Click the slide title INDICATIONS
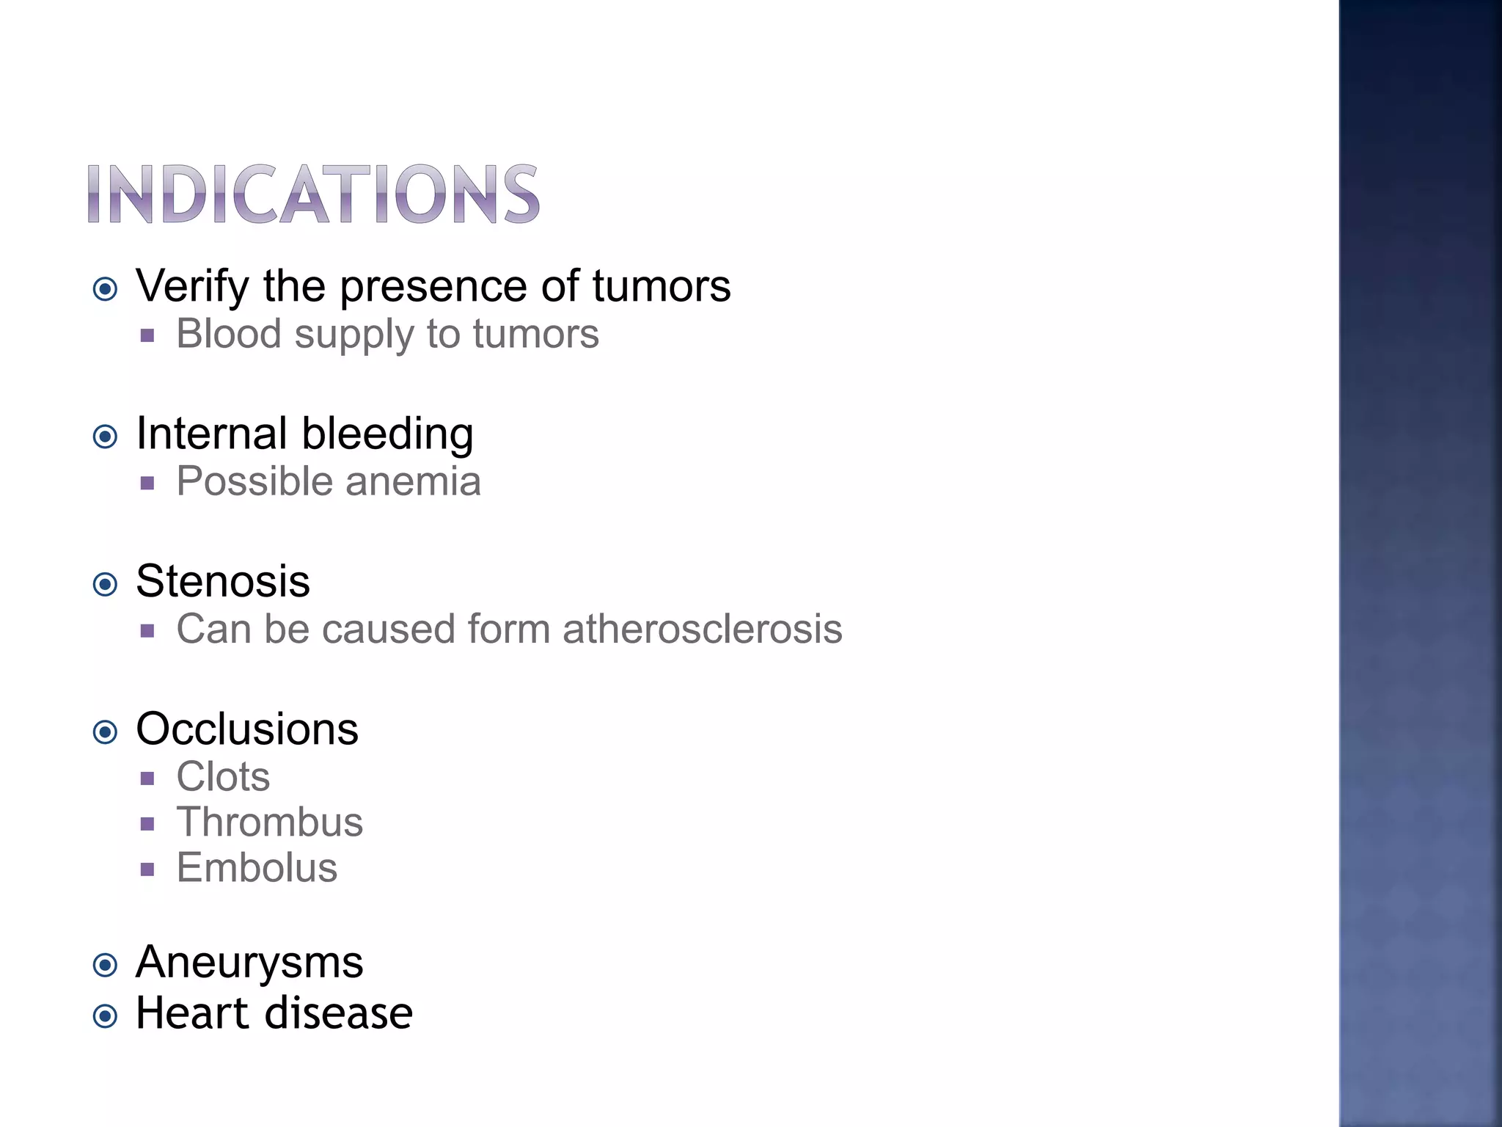313,194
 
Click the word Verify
192,286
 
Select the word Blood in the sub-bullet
229,334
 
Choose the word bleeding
388,434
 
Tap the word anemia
413,482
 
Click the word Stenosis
223,581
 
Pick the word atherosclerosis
703,630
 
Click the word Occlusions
247,729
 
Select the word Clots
223,777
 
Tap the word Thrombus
269,823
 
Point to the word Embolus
257,868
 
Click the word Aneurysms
249,963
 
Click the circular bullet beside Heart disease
106,1017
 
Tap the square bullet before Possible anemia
147,484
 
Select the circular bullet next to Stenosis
106,585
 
